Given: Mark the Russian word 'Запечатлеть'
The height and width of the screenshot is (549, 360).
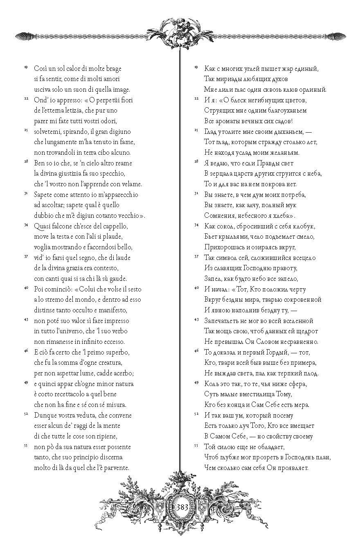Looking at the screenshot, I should tap(224, 321).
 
